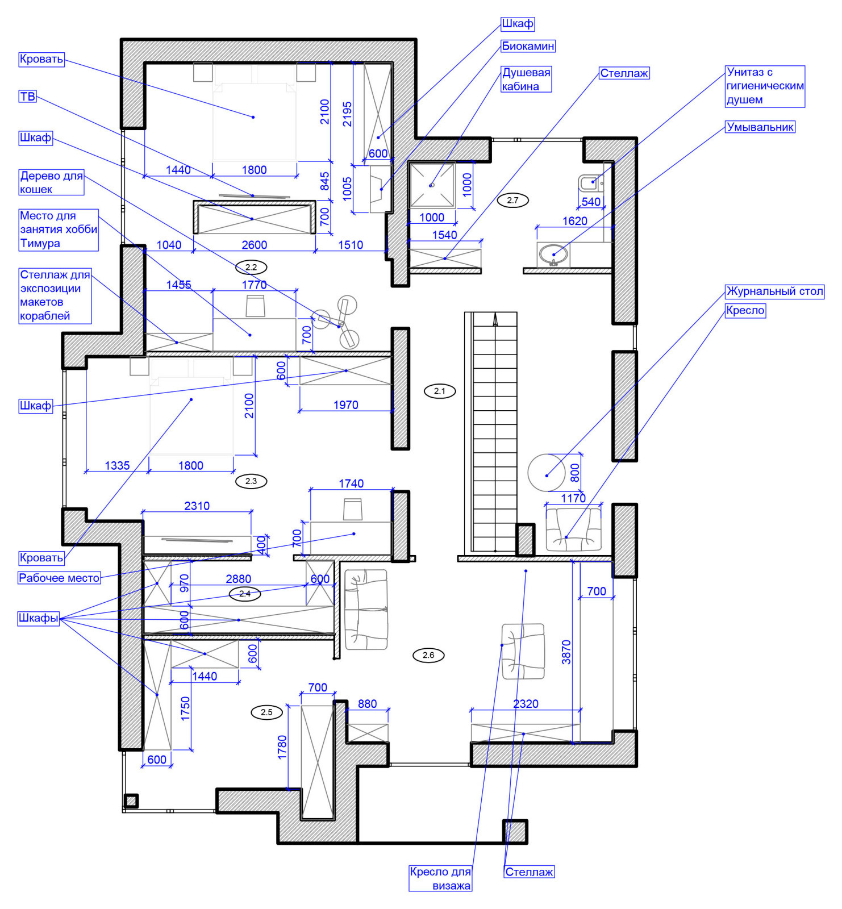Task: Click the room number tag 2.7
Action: pos(512,200)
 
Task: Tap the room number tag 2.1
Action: pos(440,391)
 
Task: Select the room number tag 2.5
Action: pos(266,712)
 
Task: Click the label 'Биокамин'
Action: pos(528,46)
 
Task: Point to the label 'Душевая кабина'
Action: pos(526,80)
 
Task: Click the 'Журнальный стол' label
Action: pos(775,291)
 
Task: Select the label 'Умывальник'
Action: pos(760,127)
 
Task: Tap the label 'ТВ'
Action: pos(27,97)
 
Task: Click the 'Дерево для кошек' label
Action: pos(51,182)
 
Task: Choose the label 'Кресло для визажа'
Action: pos(440,878)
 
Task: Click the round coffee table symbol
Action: pos(547,473)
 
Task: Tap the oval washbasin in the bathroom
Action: pos(553,254)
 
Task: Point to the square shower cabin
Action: pos(432,185)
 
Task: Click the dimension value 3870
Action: pos(566,652)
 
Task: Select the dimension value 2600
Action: pos(254,245)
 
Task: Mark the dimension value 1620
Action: pos(574,221)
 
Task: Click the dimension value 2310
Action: pos(197,506)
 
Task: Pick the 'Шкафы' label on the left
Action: pos(39,618)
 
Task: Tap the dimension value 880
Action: pos(367,704)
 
